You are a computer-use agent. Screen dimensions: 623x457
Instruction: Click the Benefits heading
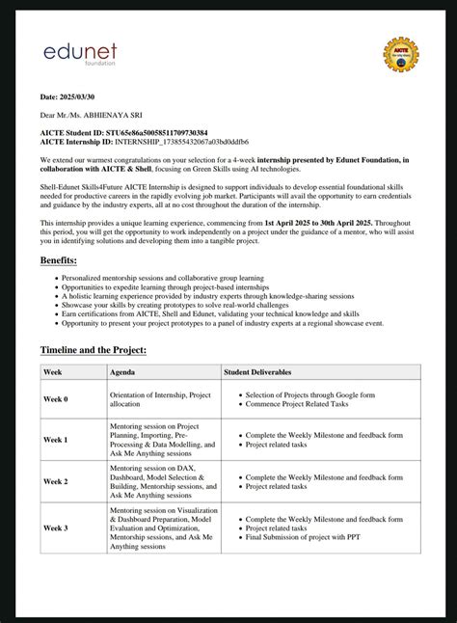[58, 260]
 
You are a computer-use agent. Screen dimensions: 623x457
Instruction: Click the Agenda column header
[122, 371]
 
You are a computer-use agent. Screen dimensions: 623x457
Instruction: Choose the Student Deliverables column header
[257, 371]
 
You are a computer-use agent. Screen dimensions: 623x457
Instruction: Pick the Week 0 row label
[55, 398]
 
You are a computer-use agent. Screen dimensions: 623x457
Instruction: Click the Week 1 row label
[55, 439]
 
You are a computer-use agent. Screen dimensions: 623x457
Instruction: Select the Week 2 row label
[55, 480]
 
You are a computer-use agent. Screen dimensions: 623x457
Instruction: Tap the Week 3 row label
[55, 528]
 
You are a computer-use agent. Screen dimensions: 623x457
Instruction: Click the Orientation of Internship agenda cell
[160, 398]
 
